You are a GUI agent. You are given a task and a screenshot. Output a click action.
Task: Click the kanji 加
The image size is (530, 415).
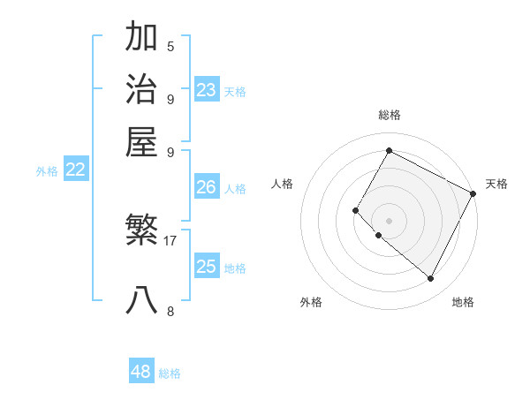click(x=141, y=37)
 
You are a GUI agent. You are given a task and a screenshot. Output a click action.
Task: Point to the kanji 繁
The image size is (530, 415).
click(x=141, y=231)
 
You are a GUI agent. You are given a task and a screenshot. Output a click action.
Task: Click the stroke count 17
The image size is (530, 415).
click(x=170, y=240)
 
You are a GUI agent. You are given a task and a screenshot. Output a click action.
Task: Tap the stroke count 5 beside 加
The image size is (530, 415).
click(x=170, y=46)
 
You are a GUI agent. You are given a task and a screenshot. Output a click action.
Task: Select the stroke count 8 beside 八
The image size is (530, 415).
click(x=170, y=310)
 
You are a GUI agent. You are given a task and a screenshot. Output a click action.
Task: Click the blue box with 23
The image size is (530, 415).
click(x=207, y=90)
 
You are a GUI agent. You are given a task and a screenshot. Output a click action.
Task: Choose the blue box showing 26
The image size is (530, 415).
click(x=207, y=187)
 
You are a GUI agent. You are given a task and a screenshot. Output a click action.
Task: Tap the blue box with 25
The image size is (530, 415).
click(x=207, y=267)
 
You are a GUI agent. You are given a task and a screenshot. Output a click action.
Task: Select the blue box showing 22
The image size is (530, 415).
click(x=75, y=170)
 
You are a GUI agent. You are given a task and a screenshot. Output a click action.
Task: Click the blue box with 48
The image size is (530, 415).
click(x=141, y=372)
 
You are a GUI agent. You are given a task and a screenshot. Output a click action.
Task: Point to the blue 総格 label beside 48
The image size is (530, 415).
click(x=170, y=373)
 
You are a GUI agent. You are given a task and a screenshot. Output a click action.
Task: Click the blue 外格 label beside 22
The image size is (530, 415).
click(x=47, y=172)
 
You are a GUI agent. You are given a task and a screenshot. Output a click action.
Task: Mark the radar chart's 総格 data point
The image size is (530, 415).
click(x=389, y=150)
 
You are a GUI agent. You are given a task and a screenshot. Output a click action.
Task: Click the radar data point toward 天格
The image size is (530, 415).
click(x=473, y=193)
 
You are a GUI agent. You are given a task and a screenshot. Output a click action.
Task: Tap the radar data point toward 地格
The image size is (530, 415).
click(x=430, y=278)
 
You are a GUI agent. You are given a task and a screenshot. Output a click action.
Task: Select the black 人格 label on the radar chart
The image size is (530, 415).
click(x=283, y=184)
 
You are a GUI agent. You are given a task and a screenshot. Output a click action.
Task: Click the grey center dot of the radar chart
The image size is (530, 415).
click(x=389, y=220)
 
